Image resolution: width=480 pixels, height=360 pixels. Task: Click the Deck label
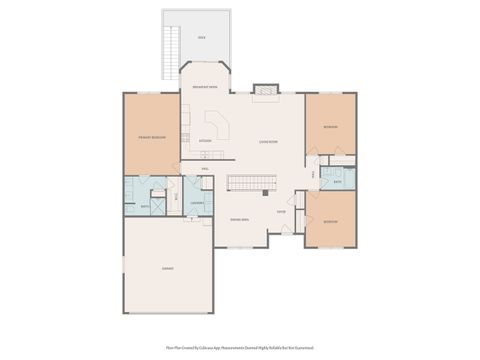point(201,38)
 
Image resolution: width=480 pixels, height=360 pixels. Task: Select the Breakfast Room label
point(205,88)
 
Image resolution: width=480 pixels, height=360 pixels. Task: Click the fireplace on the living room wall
point(264,90)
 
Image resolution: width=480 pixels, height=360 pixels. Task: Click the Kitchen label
point(205,141)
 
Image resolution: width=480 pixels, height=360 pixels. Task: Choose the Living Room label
point(268,142)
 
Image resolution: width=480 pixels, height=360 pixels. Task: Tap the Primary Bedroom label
point(151,137)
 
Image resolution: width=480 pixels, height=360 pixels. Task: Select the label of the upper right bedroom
point(330,127)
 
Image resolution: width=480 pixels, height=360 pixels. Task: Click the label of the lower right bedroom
point(330,222)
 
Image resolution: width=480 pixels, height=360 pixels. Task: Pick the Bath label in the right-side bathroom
point(338,182)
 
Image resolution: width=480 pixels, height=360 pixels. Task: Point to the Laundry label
point(197,203)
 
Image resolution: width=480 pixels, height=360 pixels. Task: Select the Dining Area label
point(239,219)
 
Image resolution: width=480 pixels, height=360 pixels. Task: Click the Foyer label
point(282,212)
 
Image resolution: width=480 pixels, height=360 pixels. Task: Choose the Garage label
point(167,268)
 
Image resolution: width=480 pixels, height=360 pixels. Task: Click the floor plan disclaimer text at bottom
point(240,349)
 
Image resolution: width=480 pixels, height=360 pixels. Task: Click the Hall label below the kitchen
point(204,169)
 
